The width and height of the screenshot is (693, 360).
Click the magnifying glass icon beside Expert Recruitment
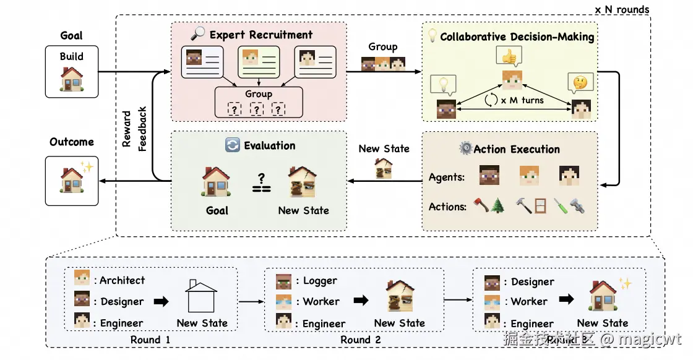click(x=198, y=35)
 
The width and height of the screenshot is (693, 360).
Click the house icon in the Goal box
click(x=72, y=78)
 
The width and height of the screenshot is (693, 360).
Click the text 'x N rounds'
click(x=622, y=9)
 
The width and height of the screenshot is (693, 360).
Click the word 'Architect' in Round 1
click(x=122, y=280)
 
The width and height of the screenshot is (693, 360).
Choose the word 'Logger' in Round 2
click(x=320, y=280)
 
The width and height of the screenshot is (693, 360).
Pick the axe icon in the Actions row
click(x=481, y=206)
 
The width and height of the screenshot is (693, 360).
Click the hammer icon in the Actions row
click(x=523, y=206)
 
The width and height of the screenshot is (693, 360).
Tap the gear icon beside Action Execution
click(x=465, y=148)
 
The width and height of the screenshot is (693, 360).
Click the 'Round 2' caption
click(x=361, y=340)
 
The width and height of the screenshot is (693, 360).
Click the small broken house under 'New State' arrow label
click(x=384, y=168)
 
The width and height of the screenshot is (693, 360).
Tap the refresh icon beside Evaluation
click(x=233, y=146)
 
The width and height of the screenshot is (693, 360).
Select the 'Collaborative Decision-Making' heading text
click(x=517, y=36)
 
